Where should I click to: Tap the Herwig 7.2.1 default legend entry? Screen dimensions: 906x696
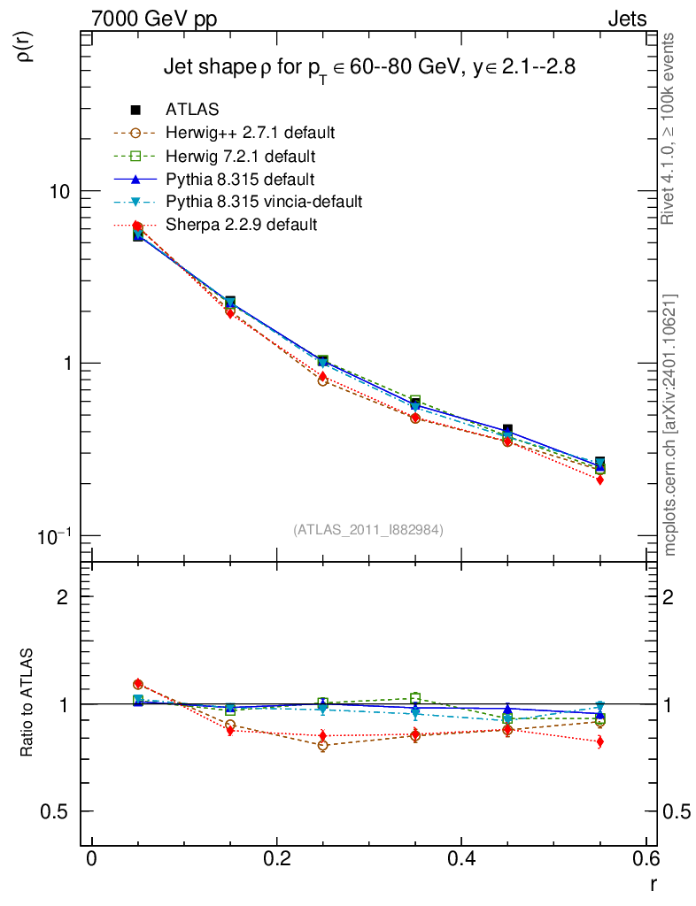[240, 157]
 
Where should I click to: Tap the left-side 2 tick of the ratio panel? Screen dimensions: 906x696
[63, 596]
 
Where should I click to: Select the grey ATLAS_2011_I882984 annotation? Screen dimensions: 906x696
[368, 529]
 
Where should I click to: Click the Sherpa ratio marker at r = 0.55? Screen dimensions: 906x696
[599, 741]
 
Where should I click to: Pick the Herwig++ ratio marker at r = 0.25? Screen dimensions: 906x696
[323, 746]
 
